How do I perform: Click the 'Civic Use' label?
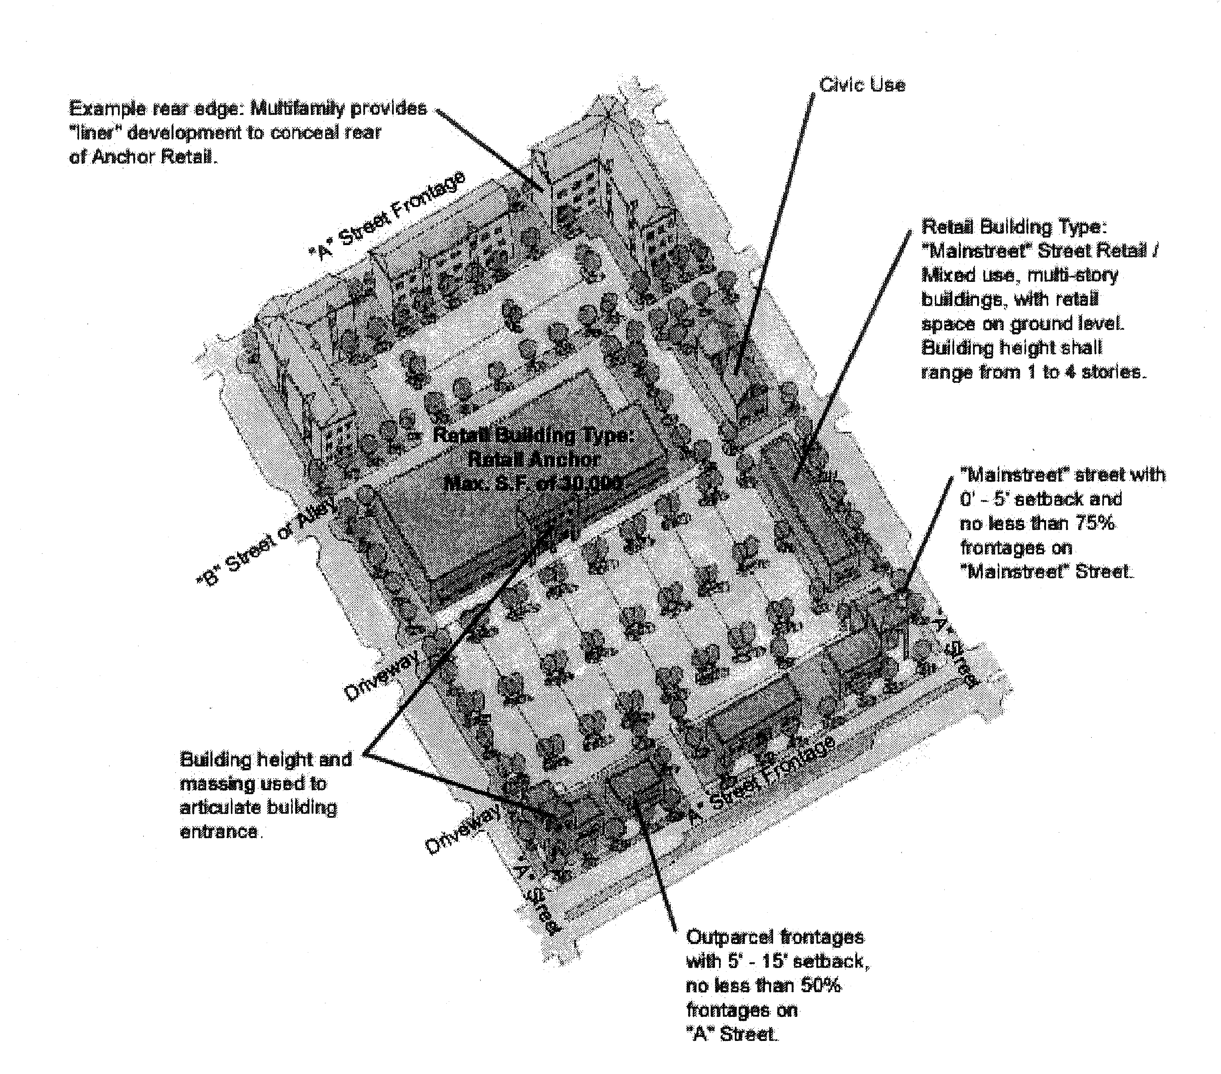pyautogui.click(x=862, y=85)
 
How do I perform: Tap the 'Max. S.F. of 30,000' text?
pyautogui.click(x=534, y=483)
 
